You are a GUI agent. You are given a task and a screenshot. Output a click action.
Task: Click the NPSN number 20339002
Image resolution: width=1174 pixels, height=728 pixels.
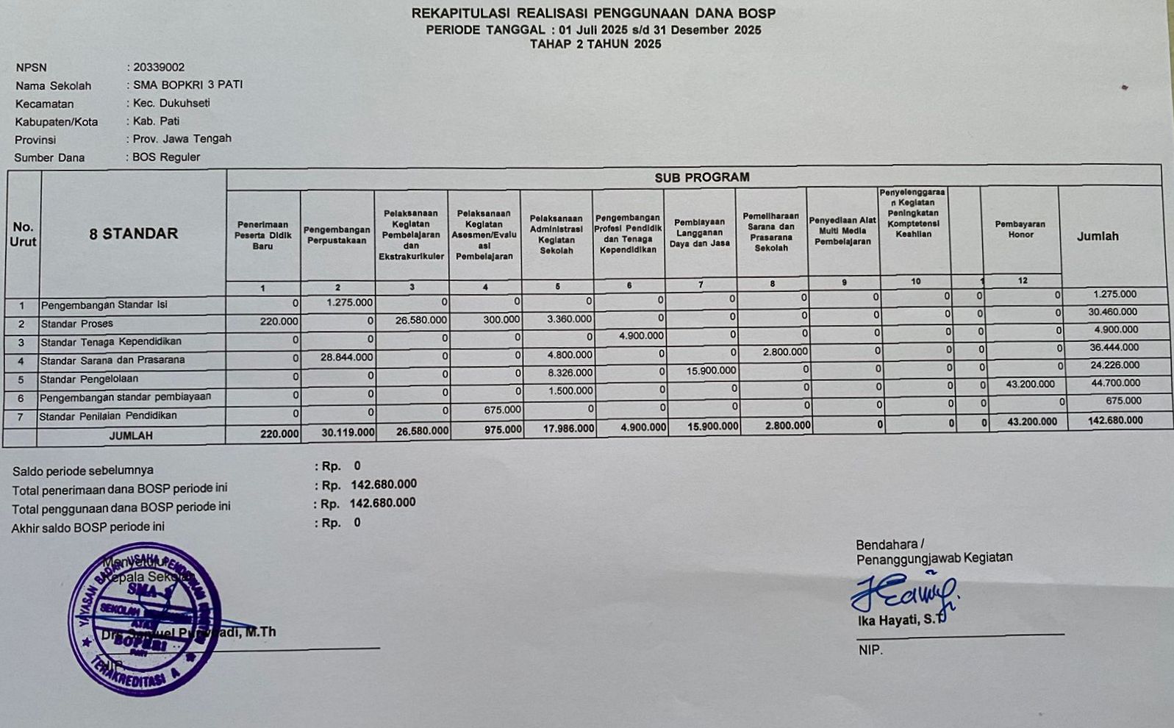[x=159, y=67]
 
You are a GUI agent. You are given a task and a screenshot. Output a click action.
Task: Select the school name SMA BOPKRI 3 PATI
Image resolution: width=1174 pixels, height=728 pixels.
[x=187, y=85]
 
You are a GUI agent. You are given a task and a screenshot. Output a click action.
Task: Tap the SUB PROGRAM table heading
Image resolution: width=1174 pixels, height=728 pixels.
[x=701, y=177]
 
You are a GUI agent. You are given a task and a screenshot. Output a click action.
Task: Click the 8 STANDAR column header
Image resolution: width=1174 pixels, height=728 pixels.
[x=134, y=234]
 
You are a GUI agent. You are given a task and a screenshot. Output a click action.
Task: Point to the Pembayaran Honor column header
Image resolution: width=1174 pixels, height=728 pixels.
[x=1020, y=229]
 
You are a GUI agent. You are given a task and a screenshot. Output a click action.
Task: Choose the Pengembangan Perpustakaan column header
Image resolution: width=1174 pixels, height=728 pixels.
[x=337, y=235]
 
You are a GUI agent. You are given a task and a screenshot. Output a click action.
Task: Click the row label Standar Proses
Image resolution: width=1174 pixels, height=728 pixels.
[x=76, y=324]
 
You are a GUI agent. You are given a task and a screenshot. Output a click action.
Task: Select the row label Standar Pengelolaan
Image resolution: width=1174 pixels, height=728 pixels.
[x=88, y=379]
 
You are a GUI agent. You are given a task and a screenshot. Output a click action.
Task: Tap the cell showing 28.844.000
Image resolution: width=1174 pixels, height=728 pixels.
[x=346, y=357]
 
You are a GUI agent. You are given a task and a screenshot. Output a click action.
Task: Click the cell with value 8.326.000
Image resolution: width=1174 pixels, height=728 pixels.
[x=569, y=373]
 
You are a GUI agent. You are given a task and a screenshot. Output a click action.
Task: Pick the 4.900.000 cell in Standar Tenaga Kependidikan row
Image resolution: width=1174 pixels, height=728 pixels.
[x=641, y=336]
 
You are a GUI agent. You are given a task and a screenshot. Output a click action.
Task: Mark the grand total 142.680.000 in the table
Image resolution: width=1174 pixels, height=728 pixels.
[x=1115, y=421]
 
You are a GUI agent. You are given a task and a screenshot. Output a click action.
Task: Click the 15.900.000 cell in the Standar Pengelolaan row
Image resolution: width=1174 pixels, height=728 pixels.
[x=711, y=371]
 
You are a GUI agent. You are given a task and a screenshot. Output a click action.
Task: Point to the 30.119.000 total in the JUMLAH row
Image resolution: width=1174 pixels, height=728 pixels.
[x=348, y=433]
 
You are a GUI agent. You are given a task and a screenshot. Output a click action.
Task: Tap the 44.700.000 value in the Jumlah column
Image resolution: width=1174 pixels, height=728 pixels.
[x=1115, y=383]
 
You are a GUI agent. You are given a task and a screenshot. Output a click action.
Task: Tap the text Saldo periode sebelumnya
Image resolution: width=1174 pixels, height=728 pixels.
[x=83, y=471]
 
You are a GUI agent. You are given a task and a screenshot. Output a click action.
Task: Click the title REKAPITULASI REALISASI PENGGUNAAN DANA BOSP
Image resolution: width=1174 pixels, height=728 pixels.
[x=593, y=13]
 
